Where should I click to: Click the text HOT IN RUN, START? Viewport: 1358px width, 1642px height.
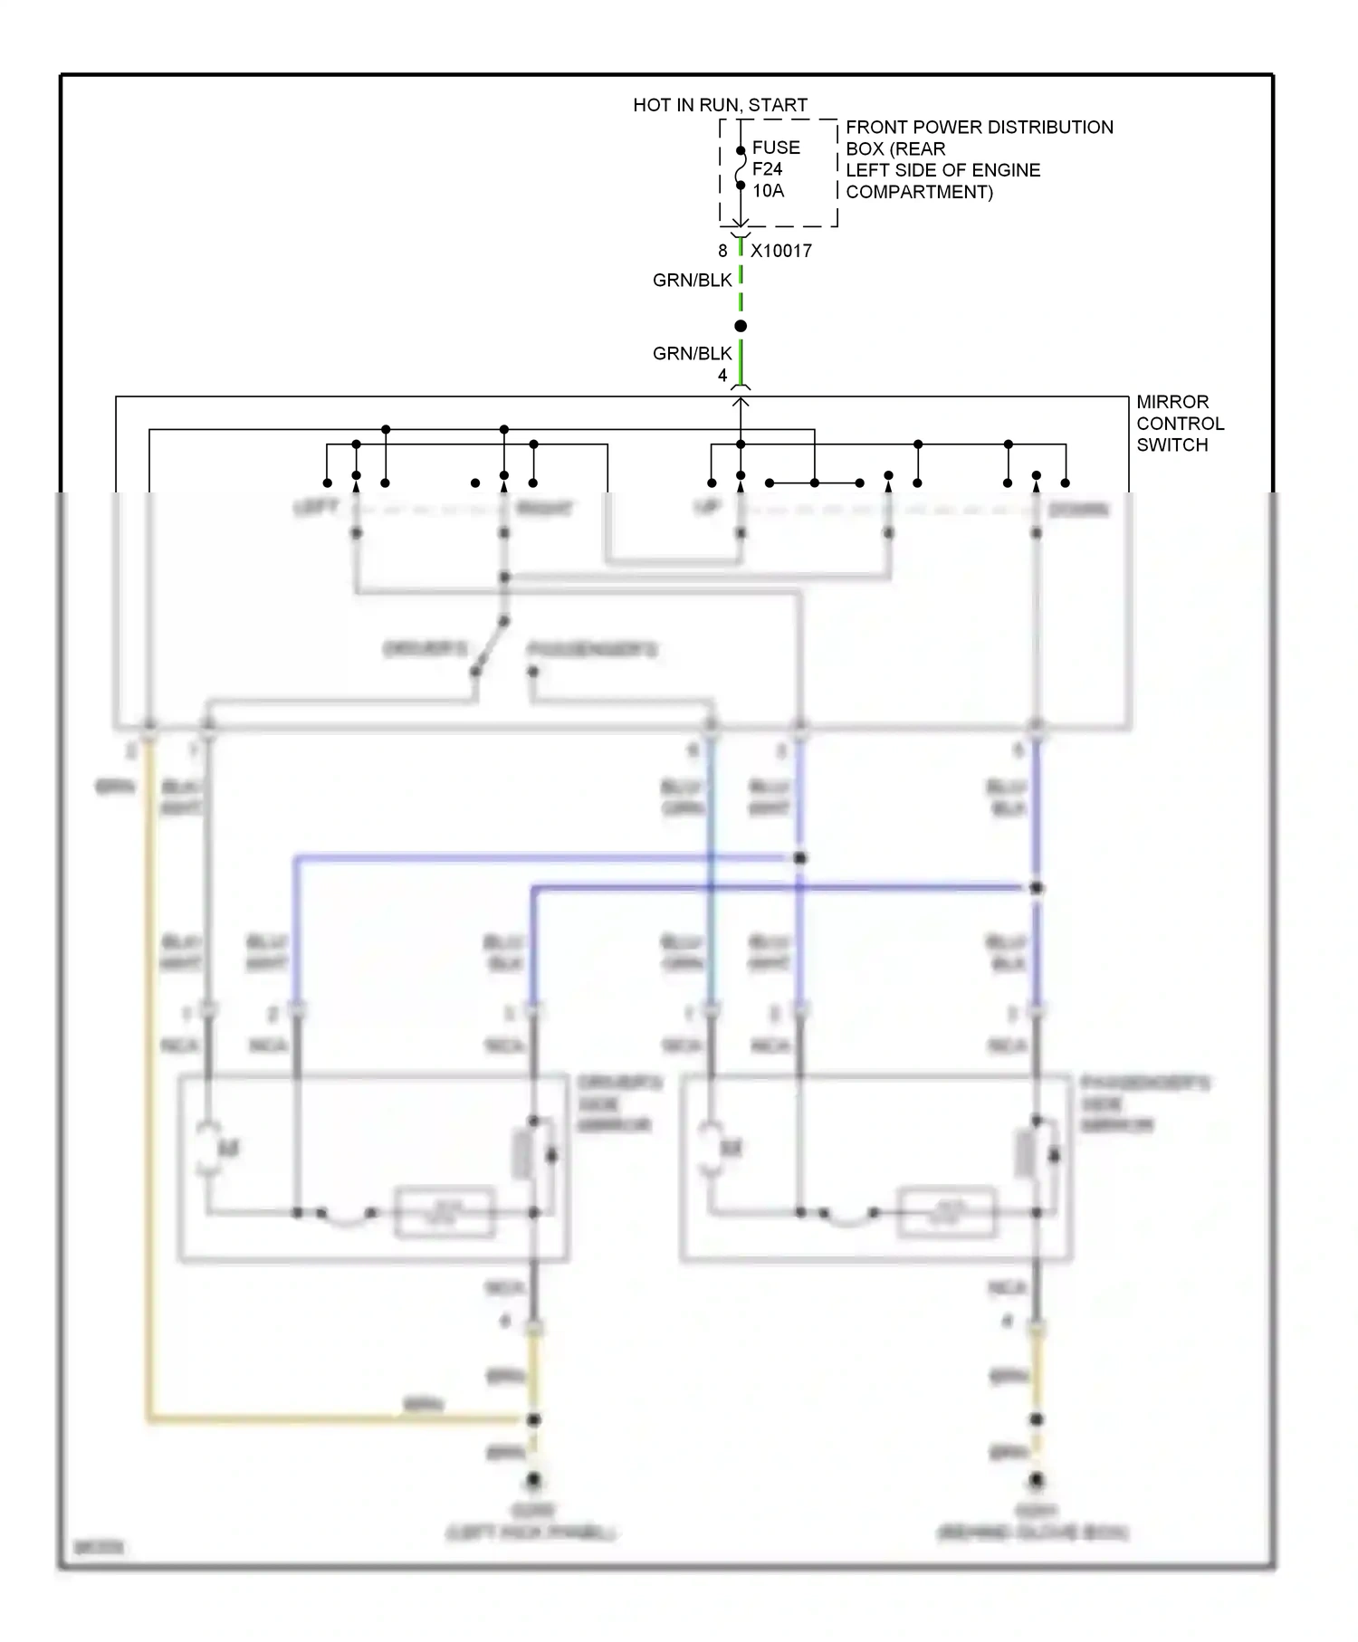point(720,105)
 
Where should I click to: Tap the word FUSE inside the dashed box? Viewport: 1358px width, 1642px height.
point(776,148)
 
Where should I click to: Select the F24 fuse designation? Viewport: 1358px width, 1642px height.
point(767,169)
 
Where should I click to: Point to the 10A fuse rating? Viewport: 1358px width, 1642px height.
point(768,191)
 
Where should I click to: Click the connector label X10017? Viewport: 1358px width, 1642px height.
point(780,251)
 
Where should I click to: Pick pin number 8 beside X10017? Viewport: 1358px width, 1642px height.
point(722,251)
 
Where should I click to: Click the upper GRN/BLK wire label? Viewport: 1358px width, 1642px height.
point(692,281)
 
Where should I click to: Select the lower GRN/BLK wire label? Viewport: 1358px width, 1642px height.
point(692,354)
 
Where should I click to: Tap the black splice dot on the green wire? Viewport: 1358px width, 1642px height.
point(741,326)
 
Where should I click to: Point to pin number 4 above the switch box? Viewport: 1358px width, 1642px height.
point(722,376)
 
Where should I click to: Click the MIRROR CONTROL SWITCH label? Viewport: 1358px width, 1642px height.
point(1180,424)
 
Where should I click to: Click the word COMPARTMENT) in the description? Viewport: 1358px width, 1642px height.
point(919,192)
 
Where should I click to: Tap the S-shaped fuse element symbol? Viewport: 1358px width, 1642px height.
point(741,168)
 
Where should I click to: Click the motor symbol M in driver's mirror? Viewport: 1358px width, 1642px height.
point(228,1149)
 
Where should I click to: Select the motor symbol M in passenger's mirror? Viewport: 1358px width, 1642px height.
point(731,1149)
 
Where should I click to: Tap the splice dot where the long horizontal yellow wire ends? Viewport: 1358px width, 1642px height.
point(533,1419)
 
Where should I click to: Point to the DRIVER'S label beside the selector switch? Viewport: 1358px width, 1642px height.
point(426,649)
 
